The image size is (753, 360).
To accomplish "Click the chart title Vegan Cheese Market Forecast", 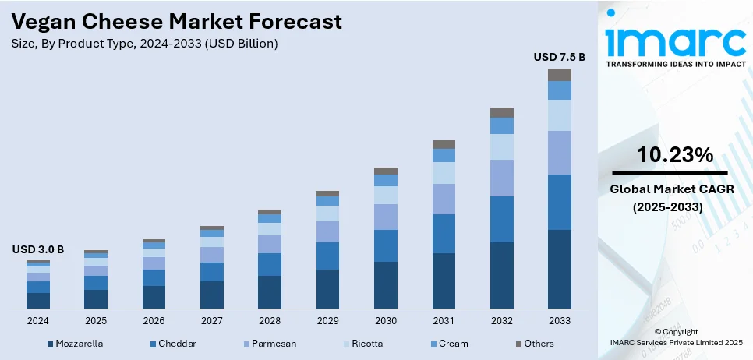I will [177, 22].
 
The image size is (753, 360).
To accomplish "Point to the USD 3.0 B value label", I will [38, 249].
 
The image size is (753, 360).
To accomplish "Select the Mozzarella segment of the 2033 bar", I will [559, 268].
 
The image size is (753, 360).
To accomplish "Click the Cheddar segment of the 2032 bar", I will [501, 219].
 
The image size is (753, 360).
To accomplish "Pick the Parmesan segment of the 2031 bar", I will [444, 199].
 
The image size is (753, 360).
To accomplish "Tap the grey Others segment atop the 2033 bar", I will [559, 75].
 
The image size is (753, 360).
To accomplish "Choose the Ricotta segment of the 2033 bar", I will [559, 115].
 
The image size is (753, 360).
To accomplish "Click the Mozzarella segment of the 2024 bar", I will [38, 300].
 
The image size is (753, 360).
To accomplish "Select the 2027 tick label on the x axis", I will [212, 320].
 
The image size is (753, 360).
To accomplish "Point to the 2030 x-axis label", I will [386, 320].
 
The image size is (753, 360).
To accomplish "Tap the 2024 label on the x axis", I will [38, 320].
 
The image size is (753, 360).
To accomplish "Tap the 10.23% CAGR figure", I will [675, 155].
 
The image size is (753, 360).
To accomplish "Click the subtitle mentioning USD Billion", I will [145, 44].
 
